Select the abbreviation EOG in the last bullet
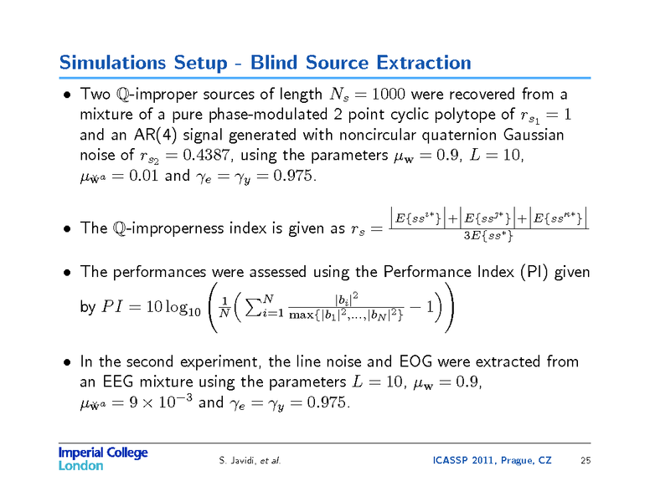(x=415, y=362)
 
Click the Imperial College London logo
(x=102, y=458)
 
